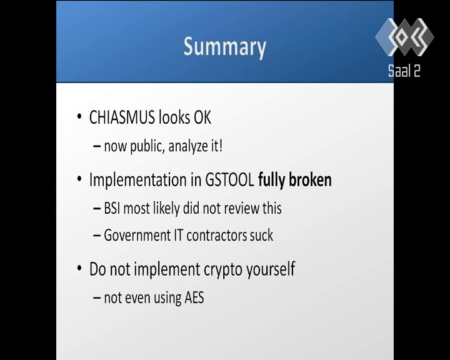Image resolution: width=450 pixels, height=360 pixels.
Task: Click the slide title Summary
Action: point(225,47)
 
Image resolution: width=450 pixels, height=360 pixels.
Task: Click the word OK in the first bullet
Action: point(202,117)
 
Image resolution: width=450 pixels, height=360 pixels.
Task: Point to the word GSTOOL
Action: point(229,180)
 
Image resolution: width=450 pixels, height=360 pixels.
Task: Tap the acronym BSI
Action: point(112,208)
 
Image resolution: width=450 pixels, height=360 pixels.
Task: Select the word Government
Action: point(137,236)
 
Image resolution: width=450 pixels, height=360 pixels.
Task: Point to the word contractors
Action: point(217,236)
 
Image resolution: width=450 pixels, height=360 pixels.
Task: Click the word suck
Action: point(261,236)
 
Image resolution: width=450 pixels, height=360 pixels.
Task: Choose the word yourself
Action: point(271,269)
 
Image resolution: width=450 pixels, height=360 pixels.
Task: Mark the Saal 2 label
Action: point(404,71)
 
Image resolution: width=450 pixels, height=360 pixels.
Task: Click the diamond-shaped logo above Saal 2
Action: point(404,37)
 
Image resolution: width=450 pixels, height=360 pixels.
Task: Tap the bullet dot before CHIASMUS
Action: point(79,117)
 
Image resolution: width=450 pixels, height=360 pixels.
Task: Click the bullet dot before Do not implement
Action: point(79,268)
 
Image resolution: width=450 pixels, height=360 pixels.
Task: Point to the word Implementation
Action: point(138,180)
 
